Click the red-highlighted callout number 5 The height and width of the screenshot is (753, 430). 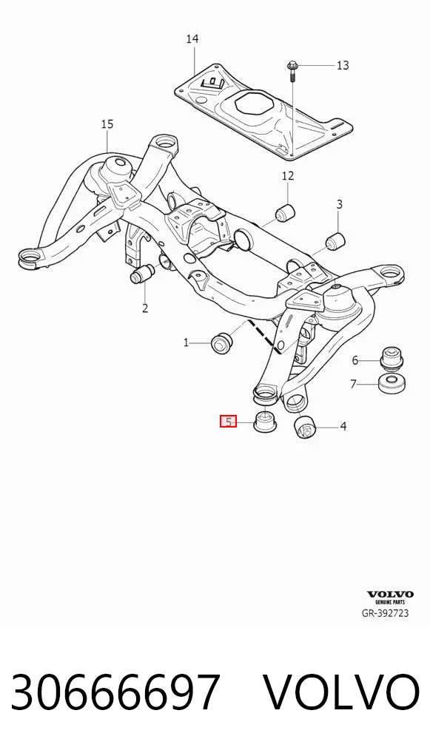(228, 422)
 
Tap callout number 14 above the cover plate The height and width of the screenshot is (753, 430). (192, 39)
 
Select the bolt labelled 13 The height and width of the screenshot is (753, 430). (292, 72)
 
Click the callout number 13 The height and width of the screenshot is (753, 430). (343, 65)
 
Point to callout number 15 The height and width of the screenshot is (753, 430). (107, 125)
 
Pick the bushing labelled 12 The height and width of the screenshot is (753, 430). (286, 212)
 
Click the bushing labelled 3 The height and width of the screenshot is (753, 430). (335, 241)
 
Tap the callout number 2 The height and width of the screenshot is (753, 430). (145, 308)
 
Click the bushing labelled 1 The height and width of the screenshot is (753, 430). (223, 342)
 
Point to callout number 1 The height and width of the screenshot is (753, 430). (187, 343)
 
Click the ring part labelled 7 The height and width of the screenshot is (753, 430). (391, 384)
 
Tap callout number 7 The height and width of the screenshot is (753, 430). (354, 384)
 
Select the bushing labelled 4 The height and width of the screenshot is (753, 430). (303, 428)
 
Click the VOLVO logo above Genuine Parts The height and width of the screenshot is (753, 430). (390, 595)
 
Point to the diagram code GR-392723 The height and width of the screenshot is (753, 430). (385, 613)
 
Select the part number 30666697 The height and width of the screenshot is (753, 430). (115, 692)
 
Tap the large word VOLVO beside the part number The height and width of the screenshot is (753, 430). (341, 692)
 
